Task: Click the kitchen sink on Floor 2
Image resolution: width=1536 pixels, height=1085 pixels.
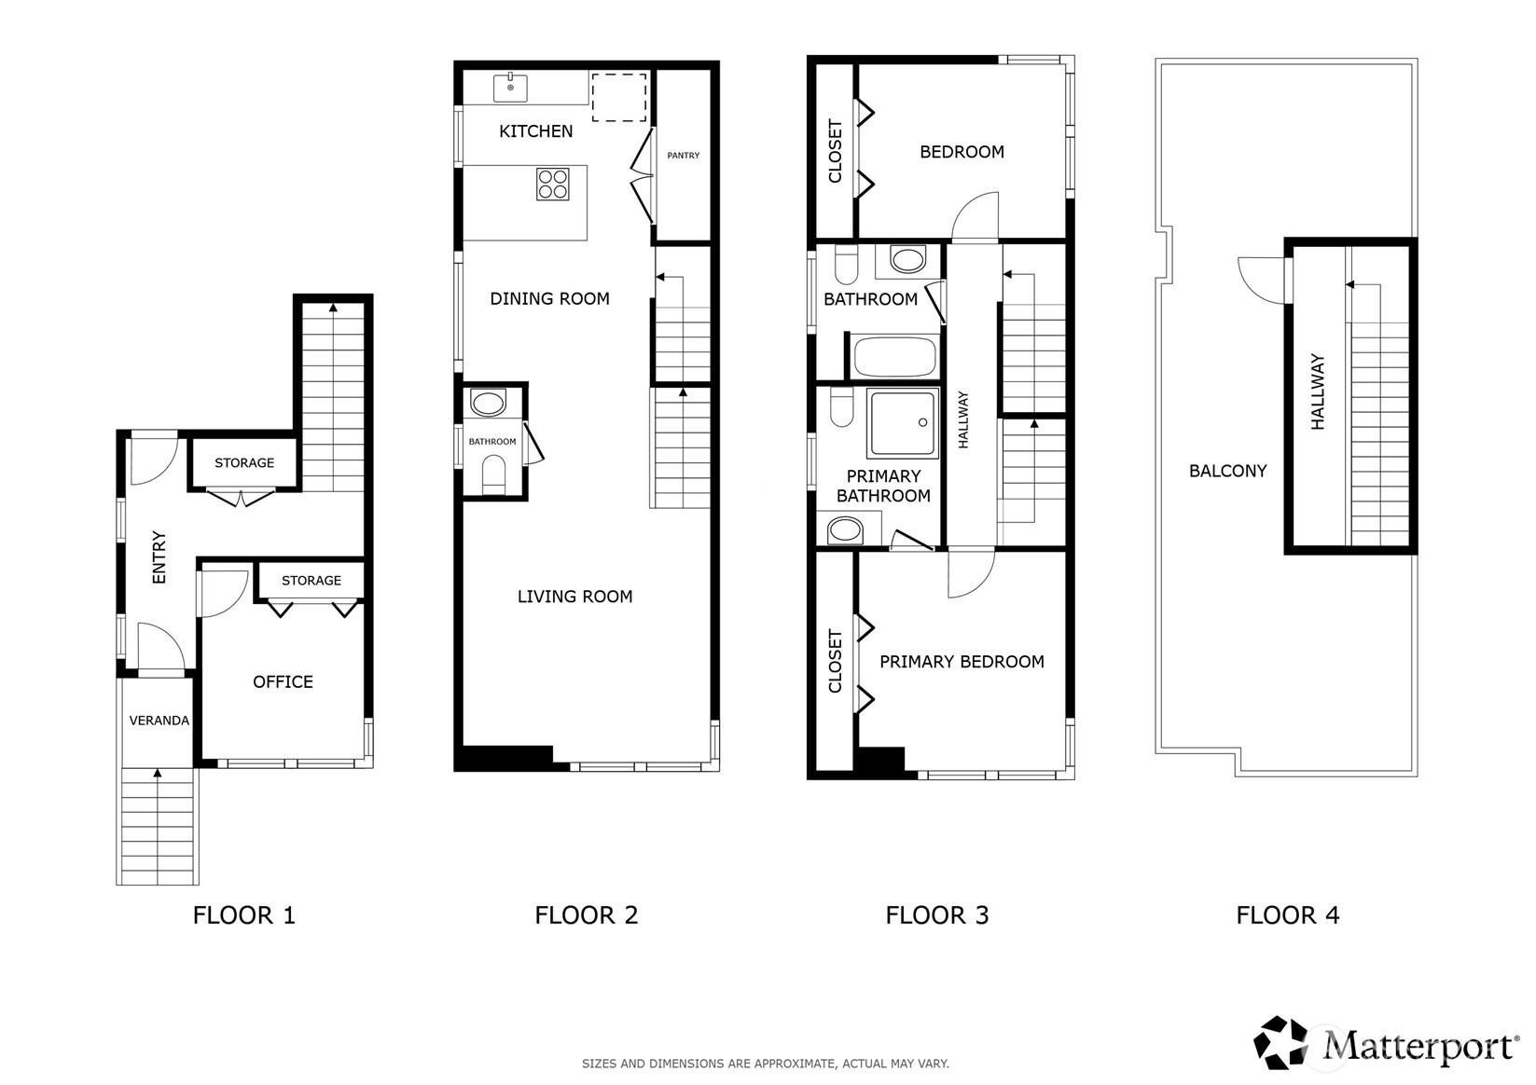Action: coord(510,89)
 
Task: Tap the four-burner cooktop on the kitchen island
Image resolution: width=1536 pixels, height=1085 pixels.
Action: coord(553,185)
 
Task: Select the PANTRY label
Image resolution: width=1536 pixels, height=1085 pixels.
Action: coord(683,156)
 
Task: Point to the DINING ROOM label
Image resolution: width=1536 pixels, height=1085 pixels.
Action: coord(549,299)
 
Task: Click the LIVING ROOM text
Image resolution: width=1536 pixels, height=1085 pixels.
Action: coord(574,597)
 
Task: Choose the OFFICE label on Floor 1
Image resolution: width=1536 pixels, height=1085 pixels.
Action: coord(283,682)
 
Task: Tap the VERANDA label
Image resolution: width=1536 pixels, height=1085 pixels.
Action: coord(159,721)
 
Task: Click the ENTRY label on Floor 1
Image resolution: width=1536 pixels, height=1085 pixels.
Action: coord(159,557)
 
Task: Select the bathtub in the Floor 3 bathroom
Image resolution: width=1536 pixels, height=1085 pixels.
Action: coord(894,356)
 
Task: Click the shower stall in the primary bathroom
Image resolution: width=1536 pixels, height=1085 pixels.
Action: coord(902,423)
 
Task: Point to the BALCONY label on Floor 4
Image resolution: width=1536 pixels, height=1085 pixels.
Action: coord(1227,471)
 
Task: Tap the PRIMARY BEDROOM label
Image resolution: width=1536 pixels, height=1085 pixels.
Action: coord(962,662)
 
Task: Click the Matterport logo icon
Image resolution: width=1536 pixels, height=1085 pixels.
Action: coord(1281,1042)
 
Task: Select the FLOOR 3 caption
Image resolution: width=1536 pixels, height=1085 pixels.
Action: coord(936,915)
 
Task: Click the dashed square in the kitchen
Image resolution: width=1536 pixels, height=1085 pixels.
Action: coord(619,97)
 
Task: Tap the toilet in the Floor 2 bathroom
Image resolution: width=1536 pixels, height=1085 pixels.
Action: coord(493,475)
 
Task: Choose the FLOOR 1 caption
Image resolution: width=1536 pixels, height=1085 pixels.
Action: coord(243,915)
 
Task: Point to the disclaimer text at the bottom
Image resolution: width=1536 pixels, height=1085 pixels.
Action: coord(766,1064)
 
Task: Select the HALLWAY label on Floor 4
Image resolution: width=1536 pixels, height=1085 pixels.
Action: coord(1317,391)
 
